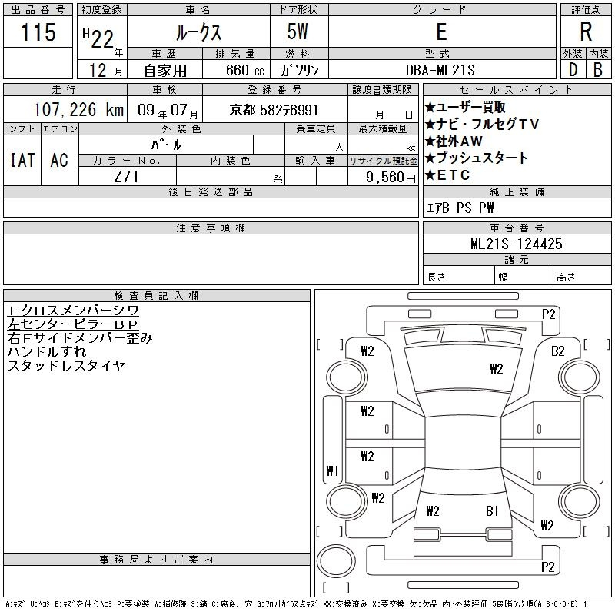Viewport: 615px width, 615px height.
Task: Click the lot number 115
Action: pos(38,32)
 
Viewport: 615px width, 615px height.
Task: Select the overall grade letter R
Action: pos(586,32)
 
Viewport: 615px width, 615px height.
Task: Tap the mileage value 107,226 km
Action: pos(78,109)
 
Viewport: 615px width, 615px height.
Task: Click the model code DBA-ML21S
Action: pos(440,70)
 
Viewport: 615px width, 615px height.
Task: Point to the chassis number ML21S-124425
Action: pos(517,244)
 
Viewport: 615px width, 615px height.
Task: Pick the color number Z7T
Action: pos(127,177)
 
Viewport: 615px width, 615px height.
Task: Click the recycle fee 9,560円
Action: pos(391,178)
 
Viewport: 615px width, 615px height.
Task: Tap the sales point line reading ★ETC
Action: pos(447,175)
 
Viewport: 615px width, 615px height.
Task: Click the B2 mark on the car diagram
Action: pos(558,351)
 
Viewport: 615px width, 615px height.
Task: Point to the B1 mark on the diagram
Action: pos(492,510)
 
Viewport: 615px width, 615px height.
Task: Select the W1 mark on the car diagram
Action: pos(332,470)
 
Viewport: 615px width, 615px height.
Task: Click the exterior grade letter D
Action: pos(573,70)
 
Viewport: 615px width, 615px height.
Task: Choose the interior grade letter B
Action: pos(598,70)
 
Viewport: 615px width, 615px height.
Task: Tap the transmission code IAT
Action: pos(22,160)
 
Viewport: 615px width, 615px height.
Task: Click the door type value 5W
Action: pos(298,32)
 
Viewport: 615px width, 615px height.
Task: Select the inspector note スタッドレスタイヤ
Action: pos(66,366)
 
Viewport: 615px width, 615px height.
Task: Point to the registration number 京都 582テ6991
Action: pos(274,110)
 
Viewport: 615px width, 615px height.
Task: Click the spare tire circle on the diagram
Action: pos(336,561)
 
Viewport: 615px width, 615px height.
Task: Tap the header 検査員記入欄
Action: pos(156,296)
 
